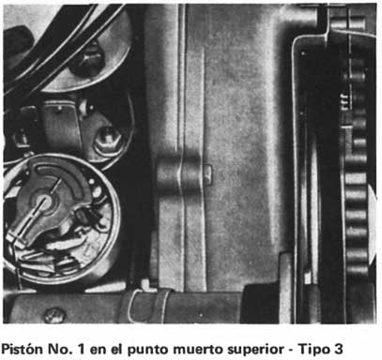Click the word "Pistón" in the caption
pyautogui.click(x=23, y=349)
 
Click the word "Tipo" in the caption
pyautogui.click(x=313, y=350)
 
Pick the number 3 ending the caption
pyautogui.click(x=337, y=349)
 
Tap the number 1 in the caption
pyautogui.click(x=81, y=349)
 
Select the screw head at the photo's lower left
pyautogui.click(x=54, y=315)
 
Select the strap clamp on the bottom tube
pyautogui.click(x=146, y=306)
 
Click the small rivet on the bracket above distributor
pyautogui.click(x=59, y=109)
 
